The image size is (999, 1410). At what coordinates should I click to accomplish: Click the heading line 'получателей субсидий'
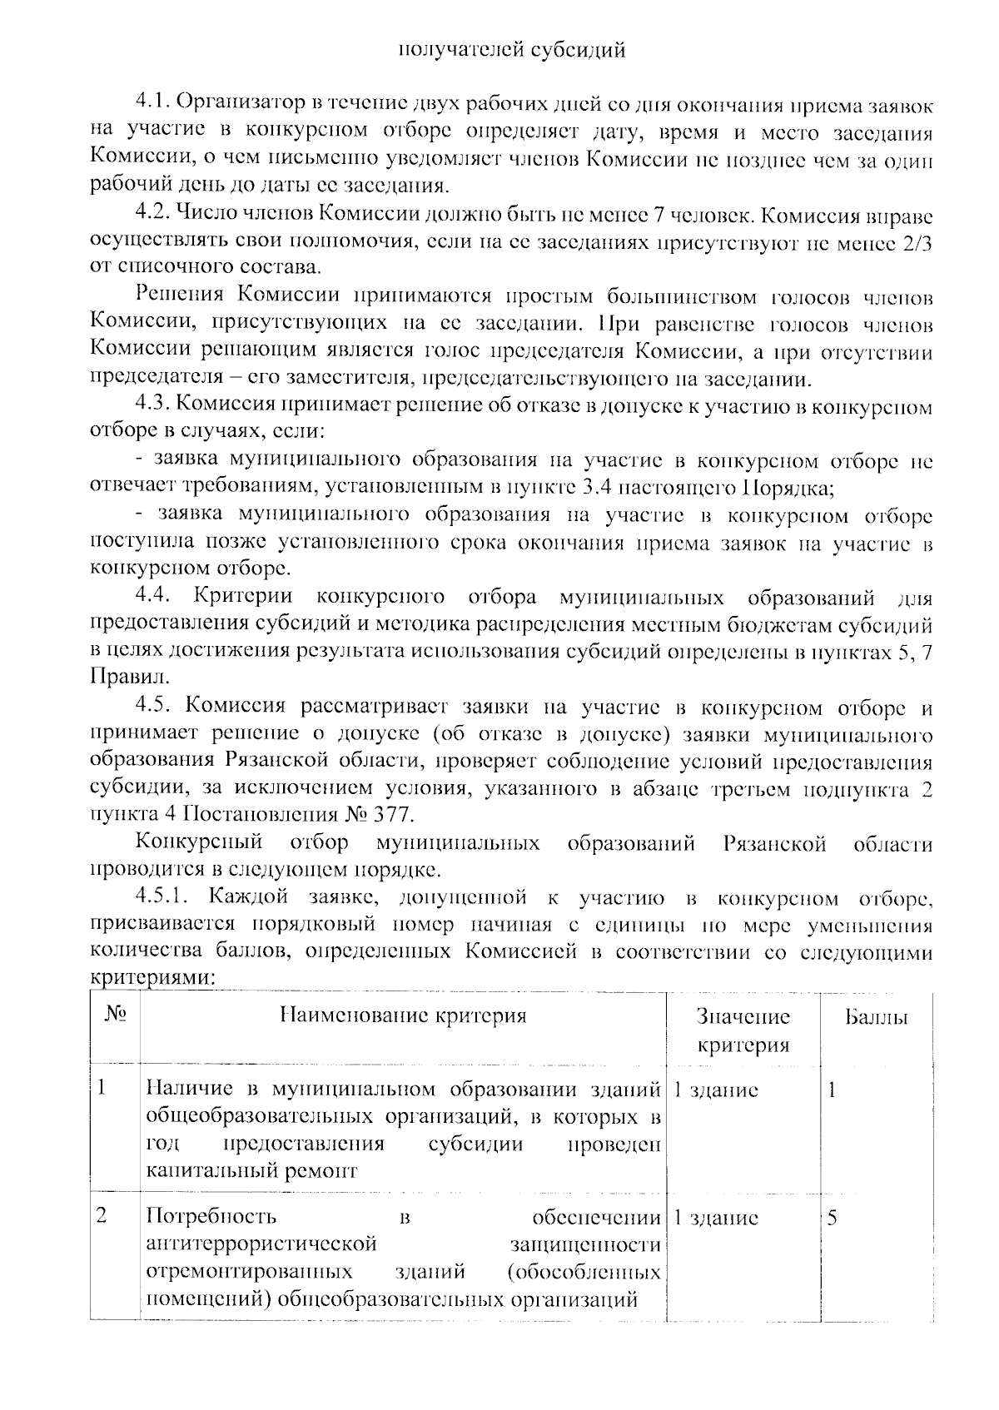point(511,51)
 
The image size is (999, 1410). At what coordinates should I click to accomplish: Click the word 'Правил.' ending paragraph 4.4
point(121,677)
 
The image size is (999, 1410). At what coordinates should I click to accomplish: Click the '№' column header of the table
point(115,1016)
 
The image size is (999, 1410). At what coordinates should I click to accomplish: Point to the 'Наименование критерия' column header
point(403,1016)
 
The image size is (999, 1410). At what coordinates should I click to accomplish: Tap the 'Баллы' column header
point(875,1017)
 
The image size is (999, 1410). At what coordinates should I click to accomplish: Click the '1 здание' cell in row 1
point(715,1090)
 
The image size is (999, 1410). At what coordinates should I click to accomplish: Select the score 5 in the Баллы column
point(832,1219)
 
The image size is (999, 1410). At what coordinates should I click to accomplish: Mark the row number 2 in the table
point(102,1217)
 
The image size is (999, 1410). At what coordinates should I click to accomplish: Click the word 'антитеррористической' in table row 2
point(261,1245)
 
